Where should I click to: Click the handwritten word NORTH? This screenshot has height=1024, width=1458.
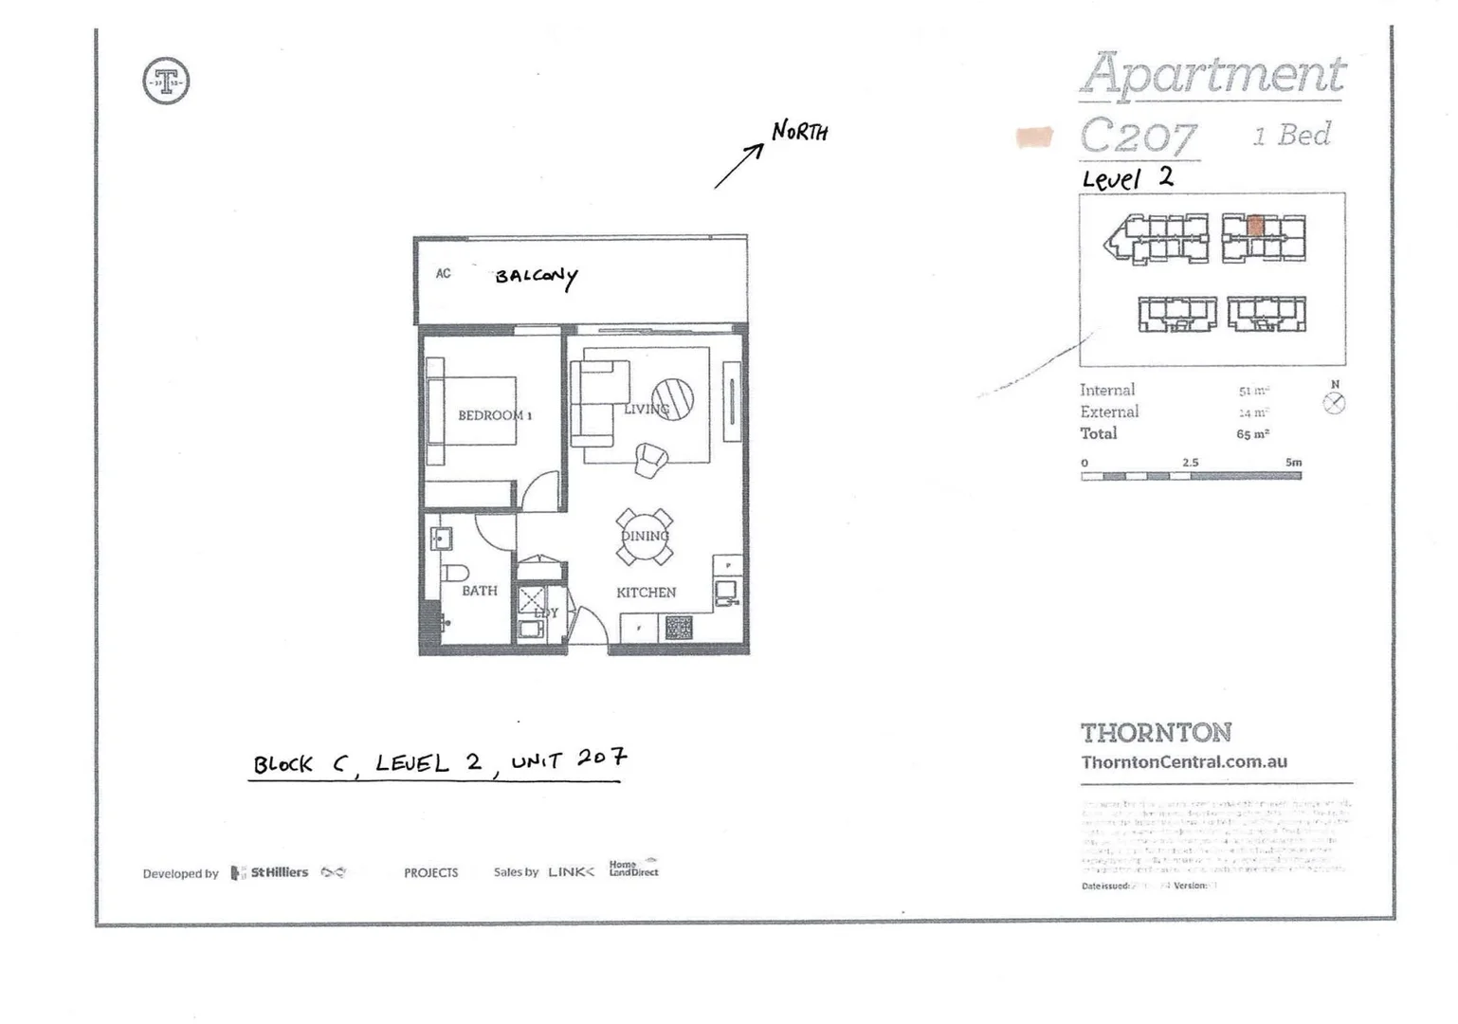[799, 131]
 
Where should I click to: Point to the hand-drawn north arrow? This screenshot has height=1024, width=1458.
[738, 166]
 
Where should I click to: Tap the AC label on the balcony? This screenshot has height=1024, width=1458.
[443, 274]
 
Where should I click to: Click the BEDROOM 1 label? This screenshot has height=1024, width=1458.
[494, 415]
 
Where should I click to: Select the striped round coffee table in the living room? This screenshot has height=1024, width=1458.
[672, 398]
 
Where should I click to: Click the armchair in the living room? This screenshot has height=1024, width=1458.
[651, 460]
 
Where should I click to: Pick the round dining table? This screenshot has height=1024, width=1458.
[645, 537]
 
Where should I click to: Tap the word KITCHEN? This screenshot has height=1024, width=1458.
[646, 593]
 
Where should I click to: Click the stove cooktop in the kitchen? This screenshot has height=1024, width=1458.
[679, 627]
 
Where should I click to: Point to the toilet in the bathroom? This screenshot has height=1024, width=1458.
[454, 573]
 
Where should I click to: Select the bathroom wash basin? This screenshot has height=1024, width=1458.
[441, 539]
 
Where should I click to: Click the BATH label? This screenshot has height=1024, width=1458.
[479, 591]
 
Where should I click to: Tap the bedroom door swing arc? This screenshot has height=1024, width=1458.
[541, 491]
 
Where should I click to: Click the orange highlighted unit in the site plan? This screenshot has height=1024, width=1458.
[1255, 226]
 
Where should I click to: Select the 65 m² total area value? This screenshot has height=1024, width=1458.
[1252, 434]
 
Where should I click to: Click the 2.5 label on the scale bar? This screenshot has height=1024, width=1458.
[1190, 463]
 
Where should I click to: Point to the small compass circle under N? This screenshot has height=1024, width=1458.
[1334, 403]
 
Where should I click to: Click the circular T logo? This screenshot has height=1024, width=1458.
[166, 81]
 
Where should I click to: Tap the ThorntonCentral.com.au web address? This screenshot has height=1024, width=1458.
[1184, 761]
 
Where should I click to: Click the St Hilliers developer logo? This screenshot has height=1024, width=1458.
[270, 872]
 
